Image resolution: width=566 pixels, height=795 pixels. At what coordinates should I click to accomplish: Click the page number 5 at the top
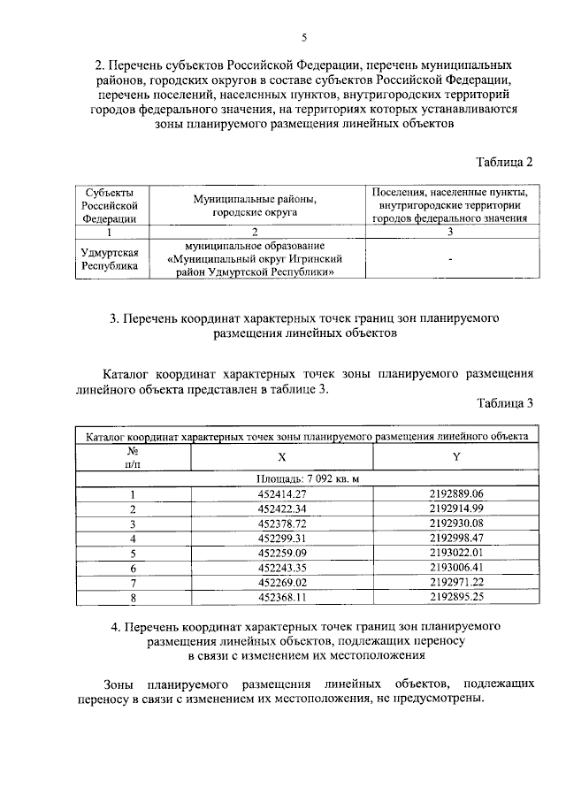coord(304,38)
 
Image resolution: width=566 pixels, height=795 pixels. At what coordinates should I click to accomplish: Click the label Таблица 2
coord(505,162)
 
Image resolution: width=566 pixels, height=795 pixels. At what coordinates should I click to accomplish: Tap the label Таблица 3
coord(505,404)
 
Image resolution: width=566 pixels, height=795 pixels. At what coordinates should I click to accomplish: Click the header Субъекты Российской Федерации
coord(110,205)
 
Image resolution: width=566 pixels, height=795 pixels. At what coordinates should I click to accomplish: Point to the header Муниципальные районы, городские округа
coord(255,206)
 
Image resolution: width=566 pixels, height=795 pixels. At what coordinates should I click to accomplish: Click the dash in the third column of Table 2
coord(450,259)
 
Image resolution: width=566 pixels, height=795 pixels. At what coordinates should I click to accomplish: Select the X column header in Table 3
coord(282,456)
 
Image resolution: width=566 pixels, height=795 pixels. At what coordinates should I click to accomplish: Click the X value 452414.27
coord(282,493)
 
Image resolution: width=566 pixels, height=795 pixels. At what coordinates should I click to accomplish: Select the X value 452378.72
coord(282,524)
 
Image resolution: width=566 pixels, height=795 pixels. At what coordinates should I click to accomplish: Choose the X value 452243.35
coord(282,568)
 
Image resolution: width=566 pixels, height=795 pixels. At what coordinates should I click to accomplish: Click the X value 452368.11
coord(282,598)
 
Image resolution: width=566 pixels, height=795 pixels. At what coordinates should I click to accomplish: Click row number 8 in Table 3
coord(133,598)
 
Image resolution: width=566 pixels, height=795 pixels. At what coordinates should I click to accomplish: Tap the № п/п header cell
coord(133,456)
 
